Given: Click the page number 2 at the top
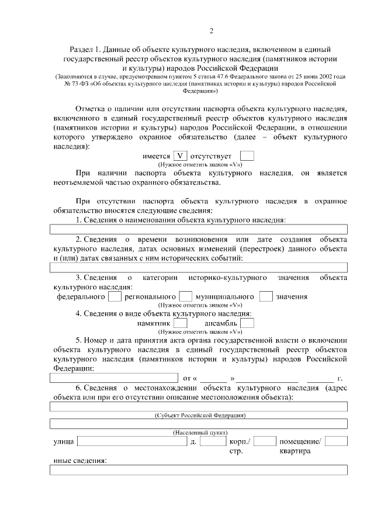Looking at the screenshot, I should coord(212,31).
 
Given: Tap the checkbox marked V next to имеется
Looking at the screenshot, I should coord(181,156).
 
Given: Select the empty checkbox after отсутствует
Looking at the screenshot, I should coord(247,156).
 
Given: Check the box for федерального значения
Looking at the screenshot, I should coord(115,296).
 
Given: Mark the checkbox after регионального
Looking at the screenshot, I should coord(186,296).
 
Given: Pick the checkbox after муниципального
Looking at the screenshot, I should coord(266,296).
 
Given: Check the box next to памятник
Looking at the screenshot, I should coord(181,323).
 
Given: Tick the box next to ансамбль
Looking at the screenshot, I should coord(247,323).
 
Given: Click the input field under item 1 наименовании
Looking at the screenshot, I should coord(199,229).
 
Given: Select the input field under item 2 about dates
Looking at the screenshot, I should coord(199,267).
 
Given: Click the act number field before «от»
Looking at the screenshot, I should coord(114,378).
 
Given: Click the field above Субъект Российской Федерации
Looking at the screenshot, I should coord(199,407).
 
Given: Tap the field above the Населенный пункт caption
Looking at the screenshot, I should coord(199,424).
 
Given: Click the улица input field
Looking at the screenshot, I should coord(132,441).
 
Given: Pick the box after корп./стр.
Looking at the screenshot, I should coord(265,441).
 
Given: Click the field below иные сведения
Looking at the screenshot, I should coord(199,469).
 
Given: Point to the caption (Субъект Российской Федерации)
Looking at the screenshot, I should coord(199,415).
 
